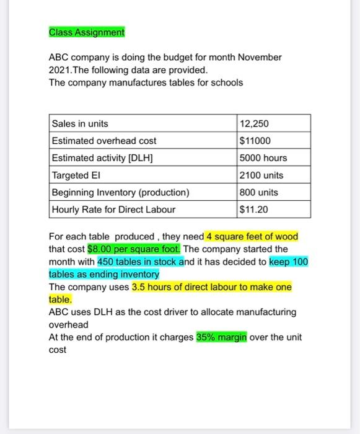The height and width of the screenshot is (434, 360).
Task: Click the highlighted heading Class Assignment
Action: pos(87,32)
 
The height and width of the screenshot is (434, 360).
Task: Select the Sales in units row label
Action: pos(81,124)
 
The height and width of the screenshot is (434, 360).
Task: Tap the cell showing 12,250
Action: pos(254,124)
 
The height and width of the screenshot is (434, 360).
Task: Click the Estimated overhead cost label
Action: pos(104,141)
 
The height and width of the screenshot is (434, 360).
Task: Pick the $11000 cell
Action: pos(255,141)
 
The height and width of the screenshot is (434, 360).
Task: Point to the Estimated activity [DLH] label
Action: pos(102,158)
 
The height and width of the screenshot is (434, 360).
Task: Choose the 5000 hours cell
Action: pos(263,158)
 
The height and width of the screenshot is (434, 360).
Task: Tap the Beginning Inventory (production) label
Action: pos(121,192)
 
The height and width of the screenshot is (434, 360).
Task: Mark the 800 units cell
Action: pos(258,192)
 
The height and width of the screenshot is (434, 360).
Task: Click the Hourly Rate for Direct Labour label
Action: pos(113,210)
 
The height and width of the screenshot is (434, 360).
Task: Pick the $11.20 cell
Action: pos(253,210)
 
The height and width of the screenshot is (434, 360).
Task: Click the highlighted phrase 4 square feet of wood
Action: pos(252,237)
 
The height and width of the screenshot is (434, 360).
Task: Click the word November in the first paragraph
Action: pos(255,58)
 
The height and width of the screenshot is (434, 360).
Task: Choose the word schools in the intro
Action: pos(226,82)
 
